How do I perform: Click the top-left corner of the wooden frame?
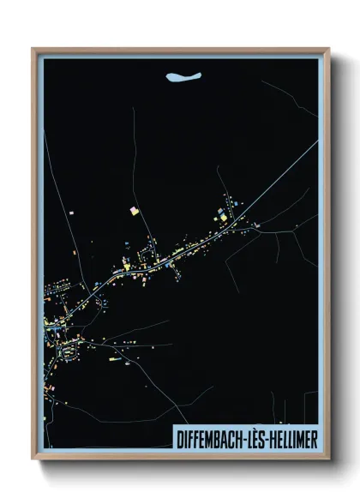(33, 50)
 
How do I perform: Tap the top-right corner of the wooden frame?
(327, 50)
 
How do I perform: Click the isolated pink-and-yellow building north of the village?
(135, 210)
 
